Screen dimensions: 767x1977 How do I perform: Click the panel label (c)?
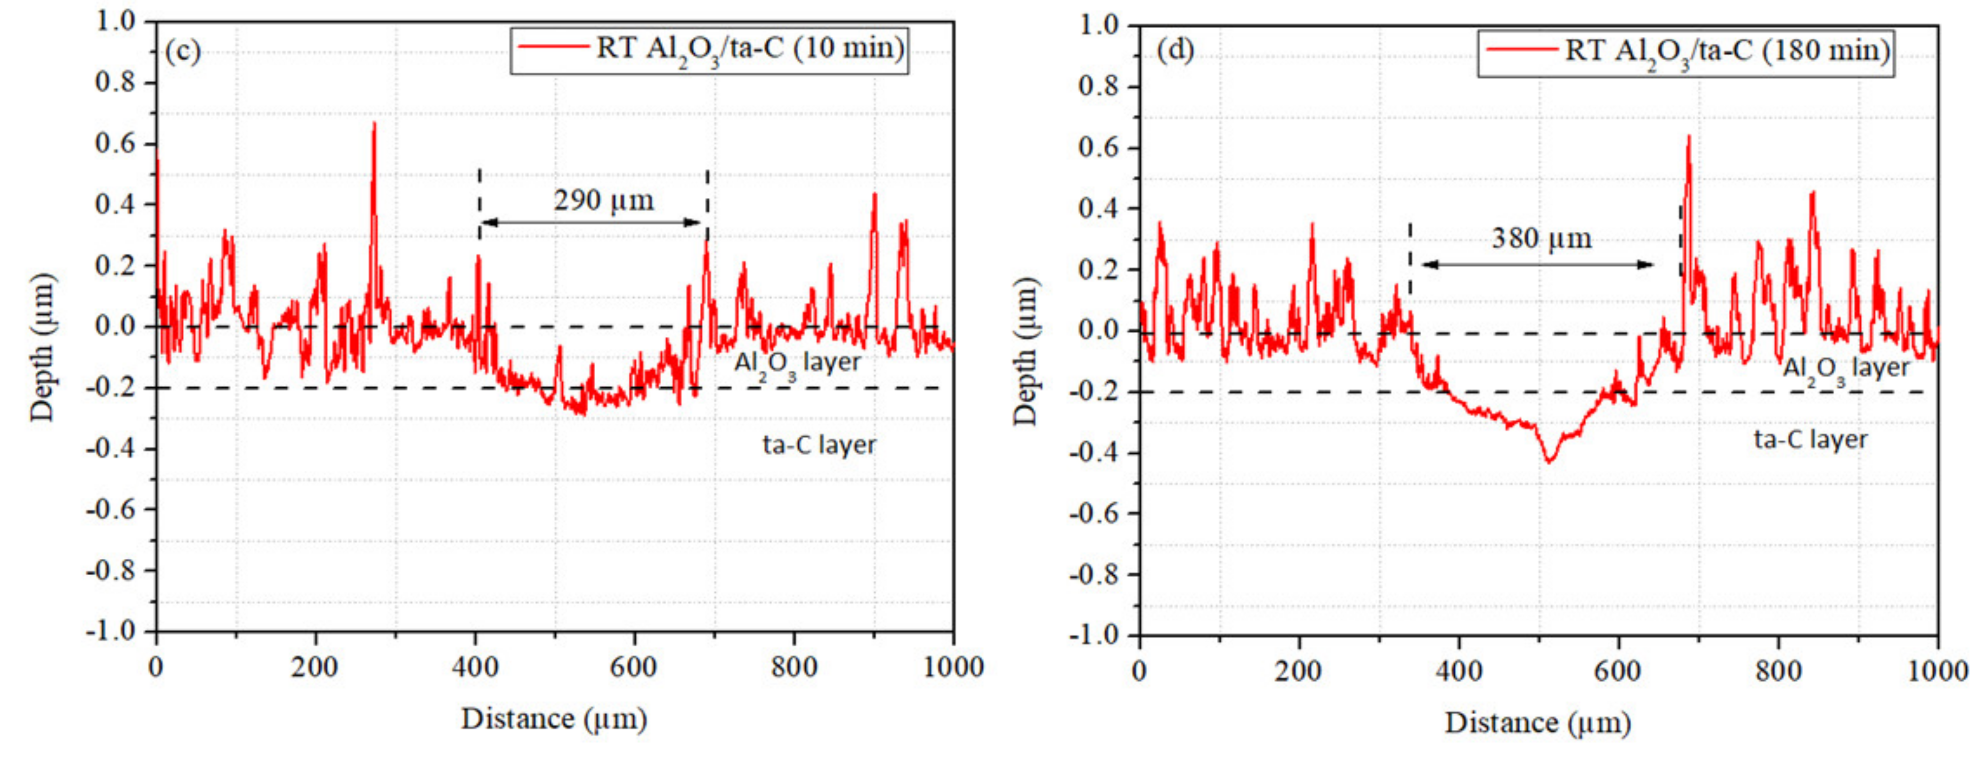click(x=183, y=51)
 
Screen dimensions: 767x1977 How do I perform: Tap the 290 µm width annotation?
click(x=604, y=200)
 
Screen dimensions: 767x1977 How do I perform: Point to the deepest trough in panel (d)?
click(x=1549, y=461)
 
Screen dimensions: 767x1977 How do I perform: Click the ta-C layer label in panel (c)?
click(x=819, y=445)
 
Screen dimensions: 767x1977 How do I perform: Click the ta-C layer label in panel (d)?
click(x=1810, y=439)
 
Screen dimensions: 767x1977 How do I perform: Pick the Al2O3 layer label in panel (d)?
click(x=1845, y=368)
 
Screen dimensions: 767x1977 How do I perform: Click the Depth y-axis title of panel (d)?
click(x=1025, y=351)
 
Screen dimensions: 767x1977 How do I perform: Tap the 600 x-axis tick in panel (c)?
click(x=633, y=667)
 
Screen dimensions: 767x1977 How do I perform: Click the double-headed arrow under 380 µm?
click(x=1537, y=265)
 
